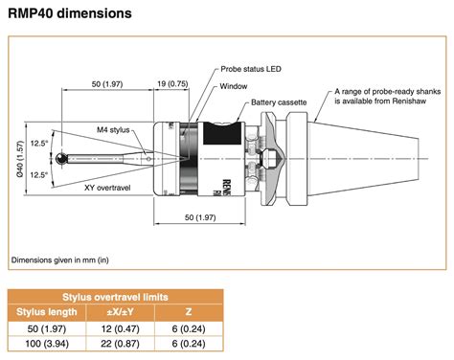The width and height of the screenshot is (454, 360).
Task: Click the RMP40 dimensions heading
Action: pyautogui.click(x=70, y=13)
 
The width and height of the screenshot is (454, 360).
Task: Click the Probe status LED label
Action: pyautogui.click(x=251, y=69)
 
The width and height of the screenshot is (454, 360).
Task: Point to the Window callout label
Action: pyautogui.click(x=234, y=86)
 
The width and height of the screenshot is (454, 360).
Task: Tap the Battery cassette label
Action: pyautogui.click(x=279, y=102)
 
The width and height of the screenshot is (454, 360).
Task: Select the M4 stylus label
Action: pyautogui.click(x=113, y=130)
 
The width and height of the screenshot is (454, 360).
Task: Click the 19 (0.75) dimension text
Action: pyautogui.click(x=172, y=84)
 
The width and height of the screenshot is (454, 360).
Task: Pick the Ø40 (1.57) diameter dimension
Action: pyautogui.click(x=20, y=159)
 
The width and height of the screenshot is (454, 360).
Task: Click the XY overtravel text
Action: pyautogui.click(x=107, y=188)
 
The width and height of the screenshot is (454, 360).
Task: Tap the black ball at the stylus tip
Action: pyautogui.click(x=61, y=158)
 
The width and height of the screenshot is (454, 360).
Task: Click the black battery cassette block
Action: pyautogui.click(x=222, y=133)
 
